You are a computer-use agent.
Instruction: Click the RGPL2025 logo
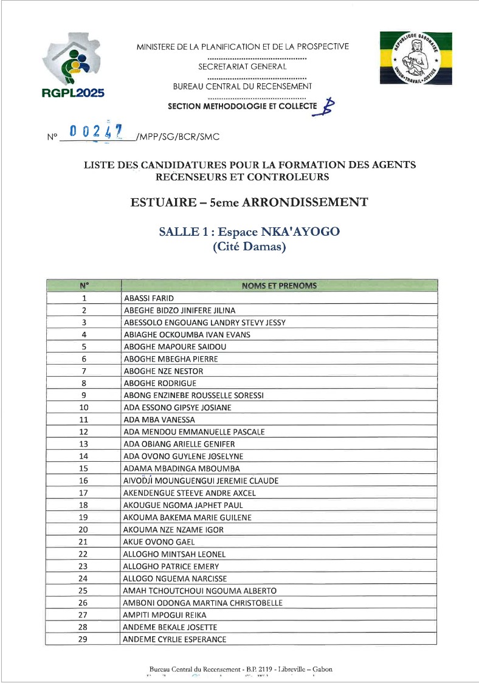(x=74, y=65)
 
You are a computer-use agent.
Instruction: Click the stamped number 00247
(x=96, y=131)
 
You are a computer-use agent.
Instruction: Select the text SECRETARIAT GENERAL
(x=242, y=66)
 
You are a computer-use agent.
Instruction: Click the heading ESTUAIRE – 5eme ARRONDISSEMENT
(x=249, y=202)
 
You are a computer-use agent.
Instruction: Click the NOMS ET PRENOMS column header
(x=279, y=286)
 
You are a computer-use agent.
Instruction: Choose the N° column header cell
(x=84, y=286)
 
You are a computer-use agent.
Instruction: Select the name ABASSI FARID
(x=149, y=298)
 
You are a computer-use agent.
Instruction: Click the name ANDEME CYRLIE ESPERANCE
(x=174, y=639)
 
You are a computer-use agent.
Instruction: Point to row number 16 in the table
(x=84, y=481)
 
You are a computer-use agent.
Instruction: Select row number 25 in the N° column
(x=84, y=591)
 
